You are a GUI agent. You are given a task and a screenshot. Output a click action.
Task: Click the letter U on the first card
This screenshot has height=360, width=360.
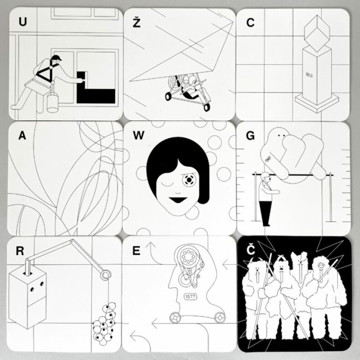22,21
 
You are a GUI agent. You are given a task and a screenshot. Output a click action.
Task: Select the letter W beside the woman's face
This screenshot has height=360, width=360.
139,135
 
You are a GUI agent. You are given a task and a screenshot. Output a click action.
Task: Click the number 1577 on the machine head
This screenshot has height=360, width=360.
190,297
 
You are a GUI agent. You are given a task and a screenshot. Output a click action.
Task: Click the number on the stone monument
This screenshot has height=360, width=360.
309,74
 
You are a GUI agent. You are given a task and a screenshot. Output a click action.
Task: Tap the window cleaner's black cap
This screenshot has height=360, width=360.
57,57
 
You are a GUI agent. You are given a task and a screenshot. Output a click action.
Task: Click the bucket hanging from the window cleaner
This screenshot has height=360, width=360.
53,102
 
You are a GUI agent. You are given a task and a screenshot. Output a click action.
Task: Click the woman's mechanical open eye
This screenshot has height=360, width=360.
189,180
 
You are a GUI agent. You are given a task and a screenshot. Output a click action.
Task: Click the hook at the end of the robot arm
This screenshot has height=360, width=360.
106,275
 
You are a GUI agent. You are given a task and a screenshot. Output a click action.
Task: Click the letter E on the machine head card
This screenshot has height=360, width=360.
136,251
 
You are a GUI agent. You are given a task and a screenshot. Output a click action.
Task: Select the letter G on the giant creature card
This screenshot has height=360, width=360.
250,136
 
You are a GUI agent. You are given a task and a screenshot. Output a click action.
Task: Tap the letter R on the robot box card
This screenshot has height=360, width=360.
20,251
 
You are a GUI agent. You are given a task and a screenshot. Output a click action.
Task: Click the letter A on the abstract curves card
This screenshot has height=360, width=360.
22,135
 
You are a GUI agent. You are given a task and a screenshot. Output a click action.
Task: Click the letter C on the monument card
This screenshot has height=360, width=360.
250,22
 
